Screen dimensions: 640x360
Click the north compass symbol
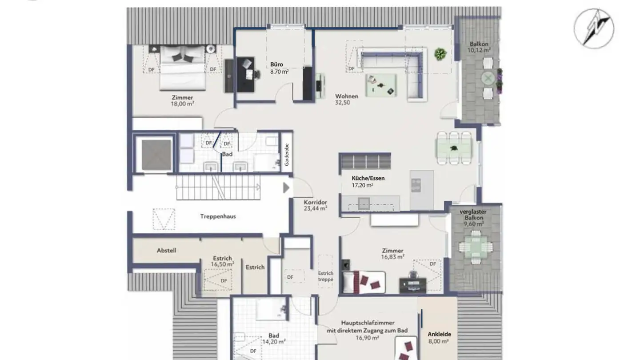[x=594, y=28]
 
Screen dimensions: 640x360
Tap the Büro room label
[x=276, y=64]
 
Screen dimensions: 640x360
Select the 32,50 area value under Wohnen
[x=342, y=103]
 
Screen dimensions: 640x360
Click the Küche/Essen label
[x=368, y=178]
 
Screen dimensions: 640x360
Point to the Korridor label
[x=316, y=202]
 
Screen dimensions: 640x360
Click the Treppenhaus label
[x=218, y=216]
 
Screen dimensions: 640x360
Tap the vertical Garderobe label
[x=287, y=155]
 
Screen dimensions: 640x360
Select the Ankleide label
[x=440, y=334]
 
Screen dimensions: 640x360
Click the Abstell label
[x=166, y=251]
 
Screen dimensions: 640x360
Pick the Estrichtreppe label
[x=326, y=276]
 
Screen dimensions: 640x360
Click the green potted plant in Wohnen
[x=440, y=54]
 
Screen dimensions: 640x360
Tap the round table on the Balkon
[x=488, y=78]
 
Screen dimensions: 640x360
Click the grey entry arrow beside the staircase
[x=286, y=188]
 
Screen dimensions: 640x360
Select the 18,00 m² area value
[x=183, y=104]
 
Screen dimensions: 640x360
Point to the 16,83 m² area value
[x=392, y=257]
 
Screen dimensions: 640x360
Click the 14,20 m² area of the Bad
[x=274, y=341]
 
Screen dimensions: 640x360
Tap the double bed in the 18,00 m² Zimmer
[x=183, y=68]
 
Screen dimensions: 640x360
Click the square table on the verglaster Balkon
[x=476, y=247]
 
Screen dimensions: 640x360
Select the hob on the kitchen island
[x=416, y=185]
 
